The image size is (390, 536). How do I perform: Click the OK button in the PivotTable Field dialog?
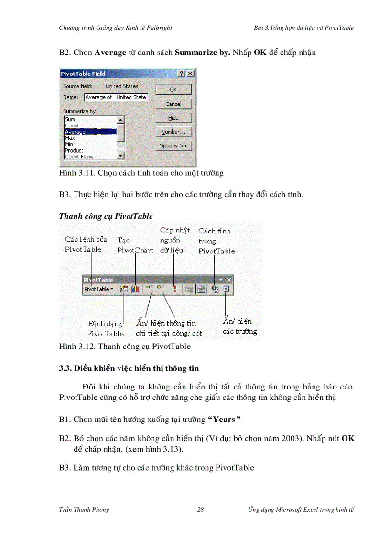[x=173, y=89]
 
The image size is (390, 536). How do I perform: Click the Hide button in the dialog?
[x=173, y=118]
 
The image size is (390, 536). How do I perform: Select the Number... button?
[x=173, y=132]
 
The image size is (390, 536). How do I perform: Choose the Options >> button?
[x=173, y=146]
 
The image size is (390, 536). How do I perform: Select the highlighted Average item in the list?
[x=90, y=132]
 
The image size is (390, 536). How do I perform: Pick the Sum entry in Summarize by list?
[x=90, y=119]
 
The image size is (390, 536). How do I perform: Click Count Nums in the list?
[x=90, y=157]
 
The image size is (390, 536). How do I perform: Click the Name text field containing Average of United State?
[x=116, y=97]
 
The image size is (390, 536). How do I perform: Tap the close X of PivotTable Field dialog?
[x=190, y=74]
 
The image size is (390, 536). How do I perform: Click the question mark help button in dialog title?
[x=182, y=74]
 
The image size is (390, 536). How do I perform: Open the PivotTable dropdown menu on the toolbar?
[x=99, y=289]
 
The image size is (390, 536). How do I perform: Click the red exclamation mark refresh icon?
[x=175, y=289]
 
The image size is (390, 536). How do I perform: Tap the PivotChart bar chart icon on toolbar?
[x=136, y=289]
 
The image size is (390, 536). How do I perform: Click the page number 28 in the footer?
[x=201, y=510]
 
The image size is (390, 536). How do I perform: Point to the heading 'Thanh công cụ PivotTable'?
[x=106, y=216]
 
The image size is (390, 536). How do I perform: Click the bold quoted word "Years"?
[x=224, y=420]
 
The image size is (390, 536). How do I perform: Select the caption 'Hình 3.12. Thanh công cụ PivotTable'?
[x=125, y=347]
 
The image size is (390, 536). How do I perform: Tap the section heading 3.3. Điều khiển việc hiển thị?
[x=129, y=368]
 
